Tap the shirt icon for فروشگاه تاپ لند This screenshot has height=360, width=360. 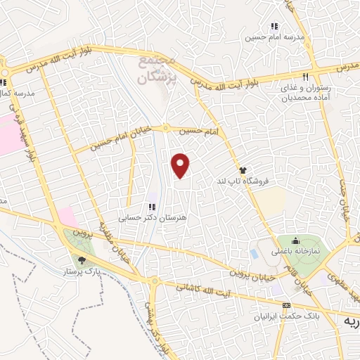pos(243,169)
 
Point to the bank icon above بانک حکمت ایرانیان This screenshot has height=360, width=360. pos(285,305)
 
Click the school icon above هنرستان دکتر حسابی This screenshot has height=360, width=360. pos(151,206)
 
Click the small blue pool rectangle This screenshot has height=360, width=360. pos(253,252)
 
